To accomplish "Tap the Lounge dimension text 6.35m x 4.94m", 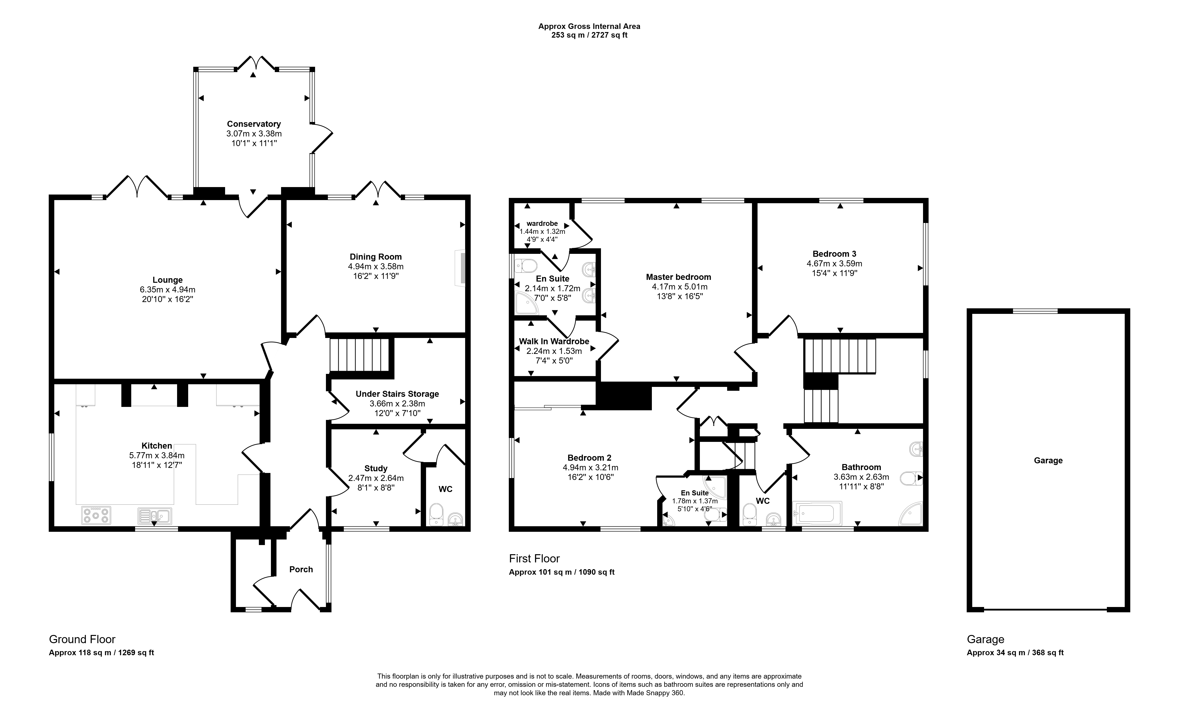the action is click(167, 290).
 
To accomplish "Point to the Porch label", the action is click(301, 569).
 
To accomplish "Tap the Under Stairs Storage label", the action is click(397, 394).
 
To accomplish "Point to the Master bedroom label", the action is click(678, 277).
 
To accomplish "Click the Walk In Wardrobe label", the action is click(554, 342).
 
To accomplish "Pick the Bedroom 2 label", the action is click(590, 458).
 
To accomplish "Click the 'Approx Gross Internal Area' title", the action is click(590, 27).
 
